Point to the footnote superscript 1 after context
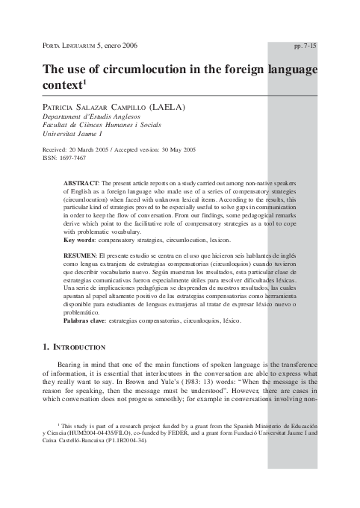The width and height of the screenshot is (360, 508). [87, 82]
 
